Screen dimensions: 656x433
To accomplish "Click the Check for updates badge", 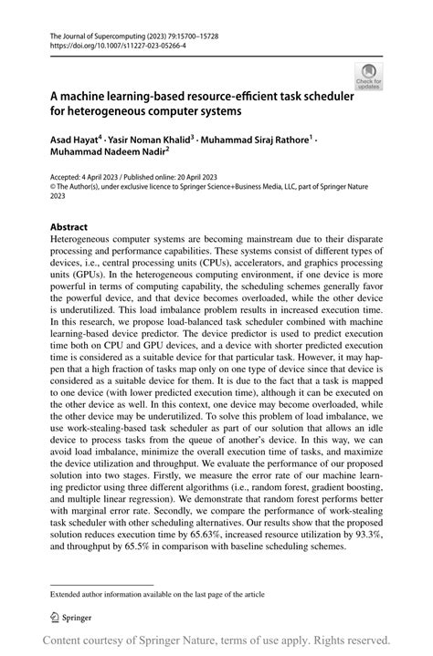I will click(368, 76).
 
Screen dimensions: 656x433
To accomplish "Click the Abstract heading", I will click(69, 226).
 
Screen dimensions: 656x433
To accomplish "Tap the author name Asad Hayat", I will click(73, 140).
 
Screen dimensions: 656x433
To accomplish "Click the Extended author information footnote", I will click(156, 567).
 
